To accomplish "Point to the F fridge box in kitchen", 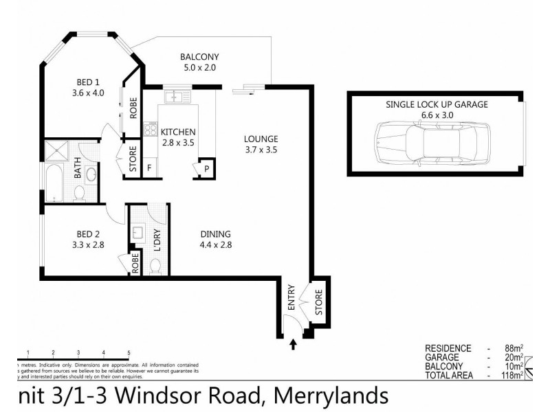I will [149, 168].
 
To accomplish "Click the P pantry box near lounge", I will [205, 168].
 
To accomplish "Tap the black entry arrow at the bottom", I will [294, 345].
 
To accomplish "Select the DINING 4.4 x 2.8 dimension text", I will [215, 244].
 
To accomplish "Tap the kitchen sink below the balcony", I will [175, 96].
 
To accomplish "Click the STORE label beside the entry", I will [318, 303].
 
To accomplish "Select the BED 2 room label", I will [87, 234].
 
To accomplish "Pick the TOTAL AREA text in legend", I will [449, 375].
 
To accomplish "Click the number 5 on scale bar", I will [129, 352].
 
